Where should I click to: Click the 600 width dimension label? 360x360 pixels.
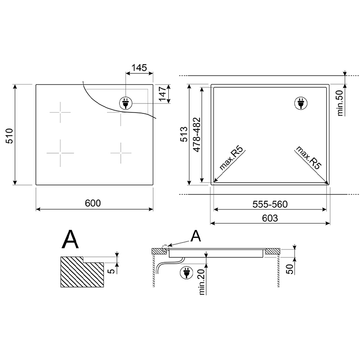click(93, 203)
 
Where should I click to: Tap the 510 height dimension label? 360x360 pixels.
click(9, 136)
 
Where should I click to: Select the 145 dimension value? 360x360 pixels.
click(139, 68)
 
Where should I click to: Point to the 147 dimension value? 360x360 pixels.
click(162, 94)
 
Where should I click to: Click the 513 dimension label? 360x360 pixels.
click(184, 134)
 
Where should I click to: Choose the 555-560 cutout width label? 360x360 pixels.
click(270, 204)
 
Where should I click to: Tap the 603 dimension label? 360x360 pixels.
click(270, 218)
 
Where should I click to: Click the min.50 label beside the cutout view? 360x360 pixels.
click(340, 103)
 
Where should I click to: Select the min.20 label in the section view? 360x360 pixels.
click(202, 282)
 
